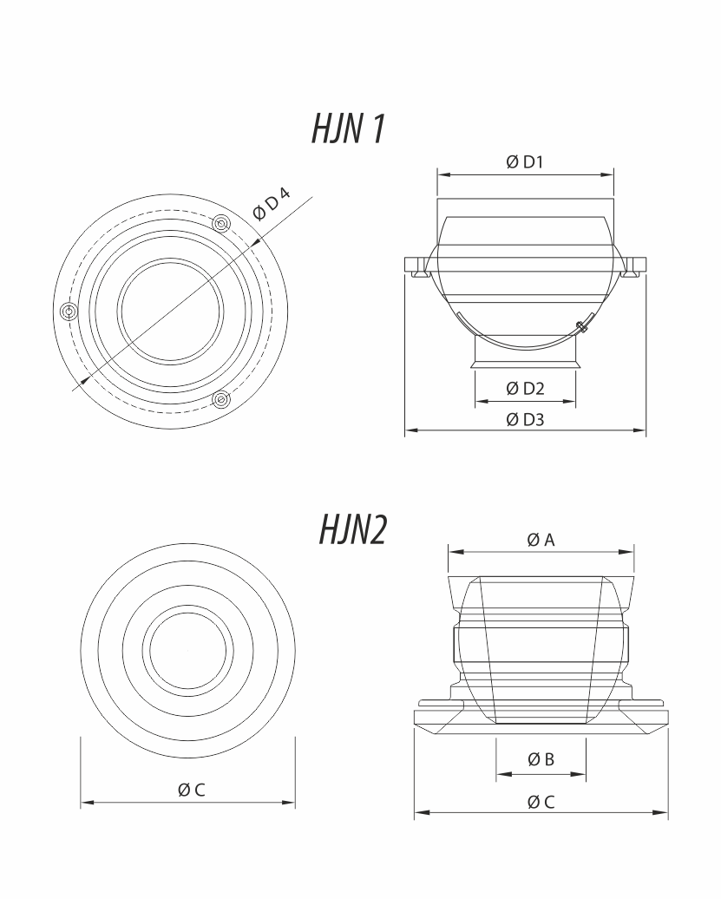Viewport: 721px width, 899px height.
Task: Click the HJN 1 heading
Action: click(x=349, y=128)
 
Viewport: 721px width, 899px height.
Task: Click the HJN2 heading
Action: click(x=353, y=529)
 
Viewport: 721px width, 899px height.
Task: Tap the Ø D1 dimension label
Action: click(x=524, y=162)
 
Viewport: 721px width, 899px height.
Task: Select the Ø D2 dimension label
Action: click(x=525, y=389)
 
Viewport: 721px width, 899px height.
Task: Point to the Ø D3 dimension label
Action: click(x=525, y=420)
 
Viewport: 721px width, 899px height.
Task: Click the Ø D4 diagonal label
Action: click(x=271, y=203)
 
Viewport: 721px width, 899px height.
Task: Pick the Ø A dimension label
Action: click(x=541, y=540)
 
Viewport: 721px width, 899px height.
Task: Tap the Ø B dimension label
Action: click(x=541, y=759)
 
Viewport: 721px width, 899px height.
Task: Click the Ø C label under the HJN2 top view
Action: click(x=191, y=790)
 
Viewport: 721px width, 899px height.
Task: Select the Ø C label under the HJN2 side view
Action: click(x=541, y=802)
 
